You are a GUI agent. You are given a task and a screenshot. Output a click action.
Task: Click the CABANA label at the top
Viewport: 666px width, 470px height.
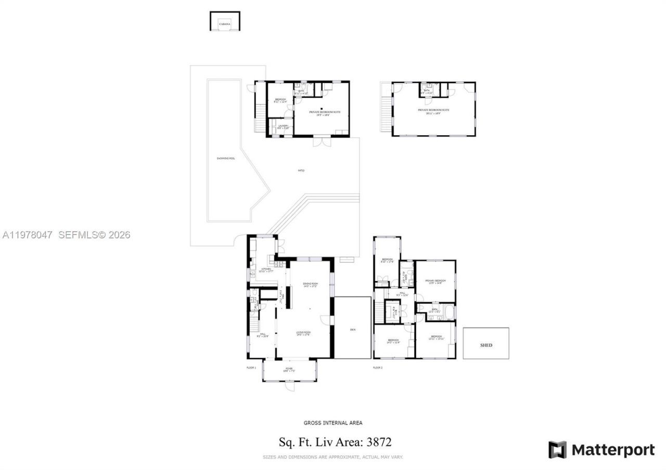pyautogui.click(x=225, y=24)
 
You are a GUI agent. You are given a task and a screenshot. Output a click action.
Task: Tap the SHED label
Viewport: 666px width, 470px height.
pyautogui.click(x=486, y=345)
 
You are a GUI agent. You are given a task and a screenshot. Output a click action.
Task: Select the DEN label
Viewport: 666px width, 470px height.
pyautogui.click(x=352, y=330)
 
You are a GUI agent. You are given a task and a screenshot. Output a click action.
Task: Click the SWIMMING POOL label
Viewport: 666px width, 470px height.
pyautogui.click(x=226, y=158)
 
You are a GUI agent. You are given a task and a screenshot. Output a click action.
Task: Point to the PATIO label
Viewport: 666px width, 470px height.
pyautogui.click(x=301, y=171)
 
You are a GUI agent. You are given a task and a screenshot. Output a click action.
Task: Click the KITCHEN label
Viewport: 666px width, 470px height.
pyautogui.click(x=265, y=269)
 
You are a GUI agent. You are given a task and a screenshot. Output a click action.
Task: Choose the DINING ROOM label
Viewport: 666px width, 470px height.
pyautogui.click(x=310, y=284)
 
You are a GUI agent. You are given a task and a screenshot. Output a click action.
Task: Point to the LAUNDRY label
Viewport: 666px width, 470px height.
pyautogui.click(x=283, y=125)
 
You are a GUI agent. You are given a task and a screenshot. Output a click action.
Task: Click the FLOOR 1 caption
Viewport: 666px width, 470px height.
pyautogui.click(x=251, y=368)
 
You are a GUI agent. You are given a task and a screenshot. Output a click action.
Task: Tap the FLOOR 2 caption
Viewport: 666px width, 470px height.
pyautogui.click(x=378, y=368)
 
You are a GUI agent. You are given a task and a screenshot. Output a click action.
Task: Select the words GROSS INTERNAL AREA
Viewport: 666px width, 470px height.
pyautogui.click(x=333, y=423)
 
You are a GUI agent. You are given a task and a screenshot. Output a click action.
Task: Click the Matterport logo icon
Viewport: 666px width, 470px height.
pyautogui.click(x=557, y=450)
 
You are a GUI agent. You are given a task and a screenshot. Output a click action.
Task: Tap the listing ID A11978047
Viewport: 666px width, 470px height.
pyautogui.click(x=28, y=235)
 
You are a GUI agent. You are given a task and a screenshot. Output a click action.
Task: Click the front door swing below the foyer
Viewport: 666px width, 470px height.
pyautogui.click(x=289, y=386)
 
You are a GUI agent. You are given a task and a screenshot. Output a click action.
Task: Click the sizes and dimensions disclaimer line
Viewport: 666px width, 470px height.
pyautogui.click(x=333, y=458)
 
